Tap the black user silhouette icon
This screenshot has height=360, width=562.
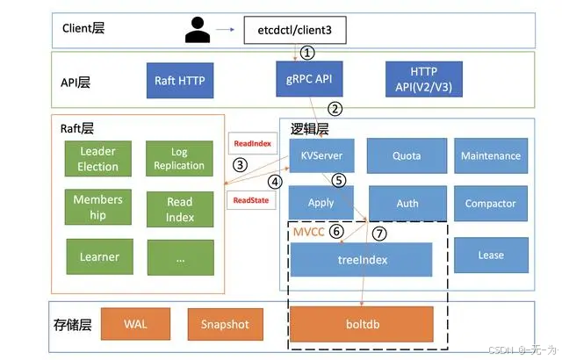click(x=199, y=32)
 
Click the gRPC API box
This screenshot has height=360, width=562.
click(x=310, y=80)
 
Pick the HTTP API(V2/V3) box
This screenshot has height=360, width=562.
click(x=425, y=80)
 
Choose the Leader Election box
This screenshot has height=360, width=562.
click(x=97, y=159)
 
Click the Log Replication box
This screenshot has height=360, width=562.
click(x=179, y=159)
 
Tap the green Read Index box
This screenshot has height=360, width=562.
click(x=179, y=209)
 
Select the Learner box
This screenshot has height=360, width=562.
click(x=98, y=257)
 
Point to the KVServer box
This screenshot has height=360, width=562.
click(x=321, y=155)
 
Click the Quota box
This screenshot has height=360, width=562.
click(x=407, y=155)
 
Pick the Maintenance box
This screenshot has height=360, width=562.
click(x=491, y=155)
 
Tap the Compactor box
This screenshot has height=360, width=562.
click(x=491, y=204)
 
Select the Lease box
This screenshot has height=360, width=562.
click(x=491, y=256)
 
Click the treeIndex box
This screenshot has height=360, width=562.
click(x=362, y=260)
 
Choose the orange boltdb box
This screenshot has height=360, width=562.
click(x=362, y=323)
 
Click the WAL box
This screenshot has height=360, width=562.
click(x=135, y=324)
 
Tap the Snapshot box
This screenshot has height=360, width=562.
click(x=225, y=324)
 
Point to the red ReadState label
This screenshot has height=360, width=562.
click(x=249, y=200)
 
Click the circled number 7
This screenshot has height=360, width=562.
click(x=379, y=233)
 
